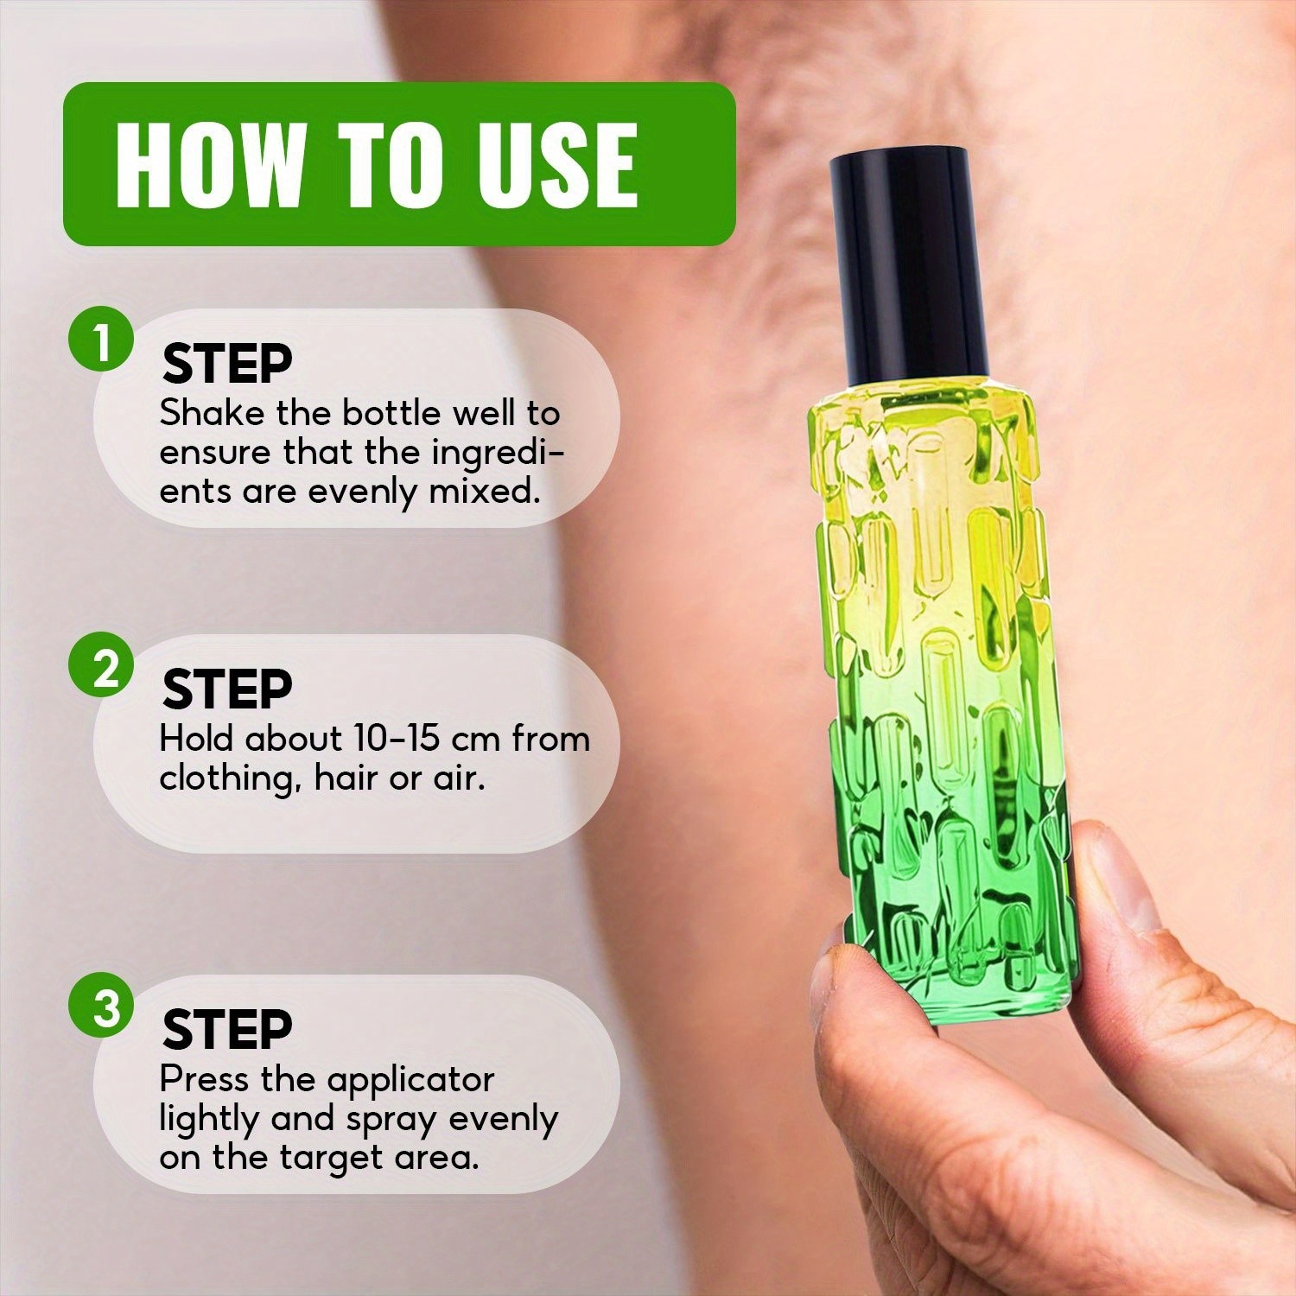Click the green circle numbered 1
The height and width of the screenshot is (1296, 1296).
102,343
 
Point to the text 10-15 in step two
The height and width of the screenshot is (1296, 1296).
401,739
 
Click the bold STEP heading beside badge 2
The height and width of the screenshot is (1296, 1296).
227,689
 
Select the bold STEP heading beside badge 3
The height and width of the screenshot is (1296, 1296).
227,1029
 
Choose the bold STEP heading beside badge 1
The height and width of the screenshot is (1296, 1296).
227,364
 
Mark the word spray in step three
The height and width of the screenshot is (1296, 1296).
392,1120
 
